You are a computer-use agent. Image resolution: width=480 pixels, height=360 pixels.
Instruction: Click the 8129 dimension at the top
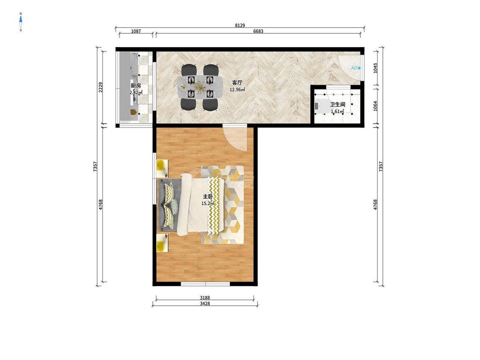point(240,26)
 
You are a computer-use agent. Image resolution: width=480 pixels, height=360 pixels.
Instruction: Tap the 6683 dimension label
point(258,31)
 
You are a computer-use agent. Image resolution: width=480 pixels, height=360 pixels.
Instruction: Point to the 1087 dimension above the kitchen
point(136,31)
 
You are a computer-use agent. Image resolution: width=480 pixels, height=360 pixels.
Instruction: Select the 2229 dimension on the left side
point(101,87)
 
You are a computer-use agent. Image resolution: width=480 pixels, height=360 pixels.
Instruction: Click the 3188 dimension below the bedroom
point(205,298)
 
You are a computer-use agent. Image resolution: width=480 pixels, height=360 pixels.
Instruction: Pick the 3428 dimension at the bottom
point(205,304)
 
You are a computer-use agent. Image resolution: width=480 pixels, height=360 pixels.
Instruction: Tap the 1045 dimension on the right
point(375,68)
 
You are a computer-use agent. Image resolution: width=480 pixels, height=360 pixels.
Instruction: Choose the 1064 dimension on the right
point(375,106)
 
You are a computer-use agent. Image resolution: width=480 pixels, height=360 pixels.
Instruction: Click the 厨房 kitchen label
point(136,86)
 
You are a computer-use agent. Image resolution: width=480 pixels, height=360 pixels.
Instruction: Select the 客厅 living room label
point(237,83)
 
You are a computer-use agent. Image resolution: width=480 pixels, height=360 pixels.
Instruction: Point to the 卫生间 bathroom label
point(337,105)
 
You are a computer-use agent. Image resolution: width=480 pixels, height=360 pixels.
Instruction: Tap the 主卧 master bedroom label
point(208,197)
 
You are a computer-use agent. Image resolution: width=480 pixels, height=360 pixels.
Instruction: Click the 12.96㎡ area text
point(238,90)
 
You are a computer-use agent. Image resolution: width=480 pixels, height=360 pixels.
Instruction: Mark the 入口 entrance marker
point(356,68)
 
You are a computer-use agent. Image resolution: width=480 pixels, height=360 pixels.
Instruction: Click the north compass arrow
point(21,19)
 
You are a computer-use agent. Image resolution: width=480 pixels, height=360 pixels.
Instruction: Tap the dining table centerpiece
point(200,86)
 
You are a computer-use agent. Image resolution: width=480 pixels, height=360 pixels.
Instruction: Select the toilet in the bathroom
point(320,106)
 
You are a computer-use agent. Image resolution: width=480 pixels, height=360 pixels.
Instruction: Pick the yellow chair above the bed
point(161,165)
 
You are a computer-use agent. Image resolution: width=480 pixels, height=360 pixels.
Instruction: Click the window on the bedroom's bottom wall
point(205,284)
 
